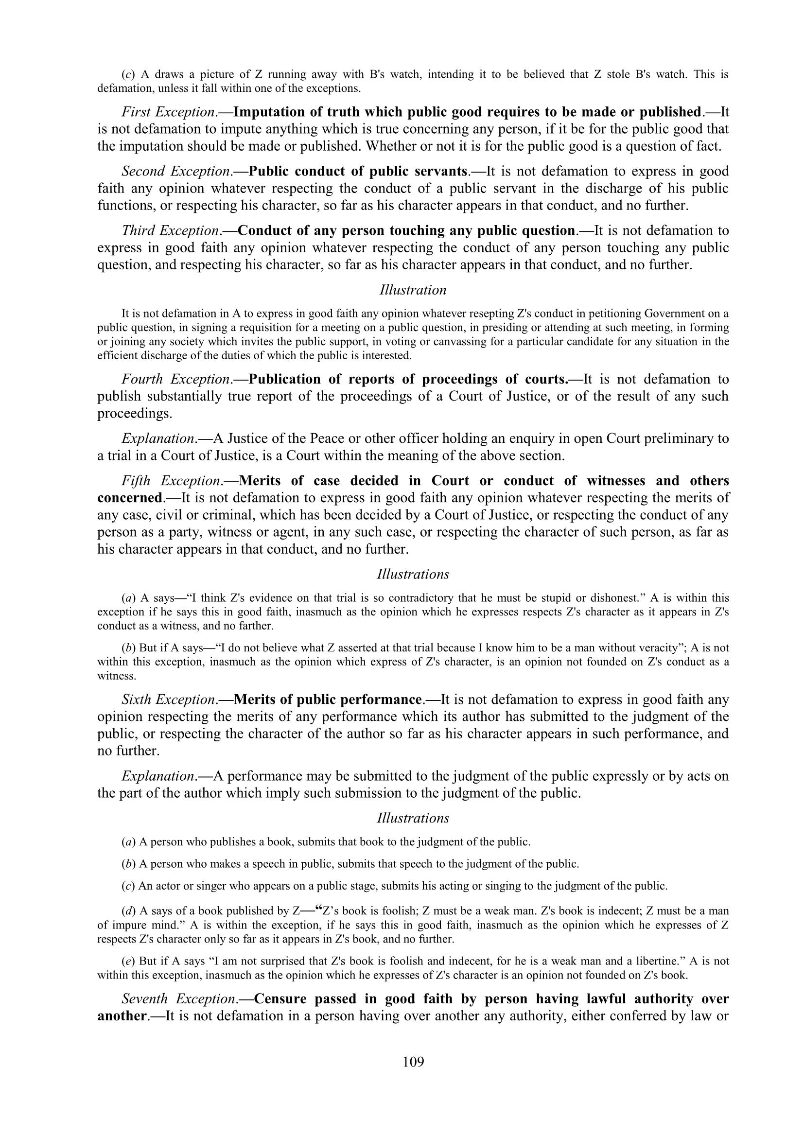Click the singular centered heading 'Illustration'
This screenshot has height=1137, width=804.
click(x=413, y=290)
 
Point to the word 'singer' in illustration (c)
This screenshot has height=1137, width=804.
click(x=199, y=886)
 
